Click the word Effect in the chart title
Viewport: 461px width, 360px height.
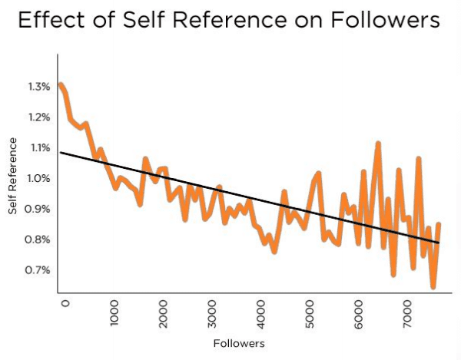coord(48,21)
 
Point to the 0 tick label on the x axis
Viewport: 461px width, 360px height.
coord(65,304)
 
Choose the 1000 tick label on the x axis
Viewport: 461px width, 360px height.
coord(114,314)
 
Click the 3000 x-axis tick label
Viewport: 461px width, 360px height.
coord(213,314)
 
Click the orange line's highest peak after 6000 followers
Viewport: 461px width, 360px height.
coord(377,144)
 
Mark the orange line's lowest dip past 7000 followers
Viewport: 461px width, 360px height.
coord(433,286)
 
